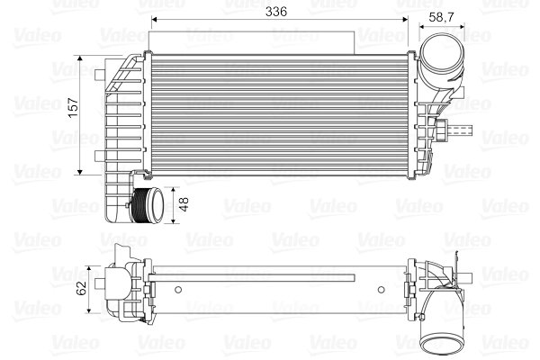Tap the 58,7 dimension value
click(442, 16)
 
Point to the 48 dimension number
click(185, 205)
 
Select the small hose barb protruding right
click(464, 130)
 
